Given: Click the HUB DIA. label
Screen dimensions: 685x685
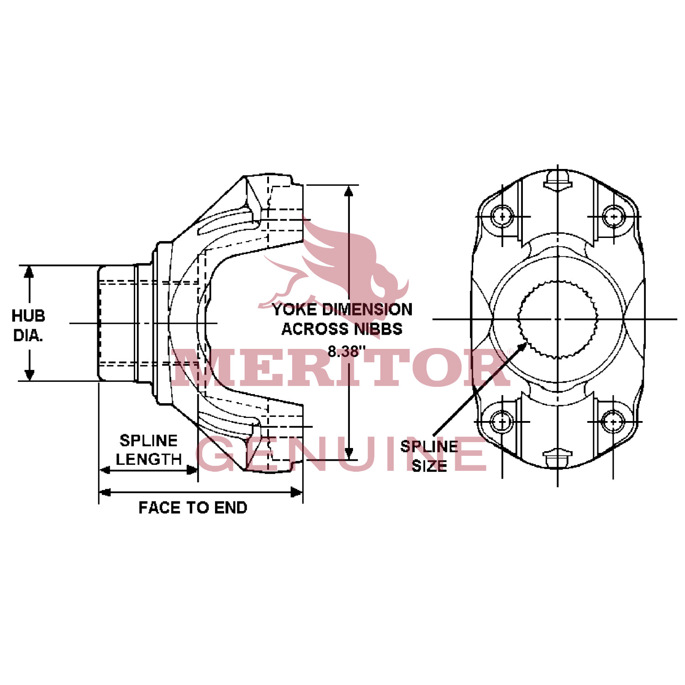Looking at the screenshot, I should [28, 325].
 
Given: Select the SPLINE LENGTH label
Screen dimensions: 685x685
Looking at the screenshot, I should [148, 450].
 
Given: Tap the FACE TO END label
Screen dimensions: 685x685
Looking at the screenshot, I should [193, 507].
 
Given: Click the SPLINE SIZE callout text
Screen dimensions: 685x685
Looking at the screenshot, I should [429, 456].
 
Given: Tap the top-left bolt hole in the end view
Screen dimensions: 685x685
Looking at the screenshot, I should [503, 216].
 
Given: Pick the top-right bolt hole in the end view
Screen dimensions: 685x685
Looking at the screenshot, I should [613, 216].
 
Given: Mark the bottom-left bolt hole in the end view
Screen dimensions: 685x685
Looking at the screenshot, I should [503, 421].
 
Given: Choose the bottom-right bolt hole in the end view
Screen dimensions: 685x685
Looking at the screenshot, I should [613, 421].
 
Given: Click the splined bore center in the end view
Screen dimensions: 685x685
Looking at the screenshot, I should [558, 319].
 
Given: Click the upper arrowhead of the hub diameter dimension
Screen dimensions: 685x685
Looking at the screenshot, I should [29, 270].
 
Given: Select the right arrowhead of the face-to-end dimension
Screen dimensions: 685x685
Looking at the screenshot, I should [298, 492].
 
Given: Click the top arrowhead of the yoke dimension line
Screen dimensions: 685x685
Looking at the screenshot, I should [349, 190].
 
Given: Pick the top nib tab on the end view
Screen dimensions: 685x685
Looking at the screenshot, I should [558, 179].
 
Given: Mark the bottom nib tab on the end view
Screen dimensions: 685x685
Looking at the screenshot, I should [558, 458].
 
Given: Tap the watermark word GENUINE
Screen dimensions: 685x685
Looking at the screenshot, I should [342, 454].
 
